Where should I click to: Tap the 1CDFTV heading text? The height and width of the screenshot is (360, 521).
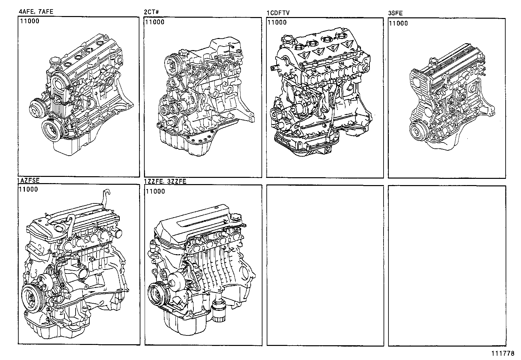click(278, 13)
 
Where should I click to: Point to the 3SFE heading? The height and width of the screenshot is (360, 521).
click(395, 13)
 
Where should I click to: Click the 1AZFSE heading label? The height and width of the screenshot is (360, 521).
click(28, 180)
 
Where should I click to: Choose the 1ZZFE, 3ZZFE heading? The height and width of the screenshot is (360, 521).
click(165, 181)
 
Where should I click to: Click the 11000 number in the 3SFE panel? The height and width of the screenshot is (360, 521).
click(398, 23)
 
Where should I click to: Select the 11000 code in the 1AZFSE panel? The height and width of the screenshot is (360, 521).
click(28, 189)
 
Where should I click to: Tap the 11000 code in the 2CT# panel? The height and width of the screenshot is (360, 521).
click(155, 22)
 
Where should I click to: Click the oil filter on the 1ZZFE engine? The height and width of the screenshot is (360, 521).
click(218, 313)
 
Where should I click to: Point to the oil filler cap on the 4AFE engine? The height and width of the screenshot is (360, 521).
click(55, 61)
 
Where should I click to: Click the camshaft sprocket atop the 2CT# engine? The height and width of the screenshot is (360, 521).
click(173, 63)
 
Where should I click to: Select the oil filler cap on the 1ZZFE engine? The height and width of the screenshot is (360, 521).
click(236, 218)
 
